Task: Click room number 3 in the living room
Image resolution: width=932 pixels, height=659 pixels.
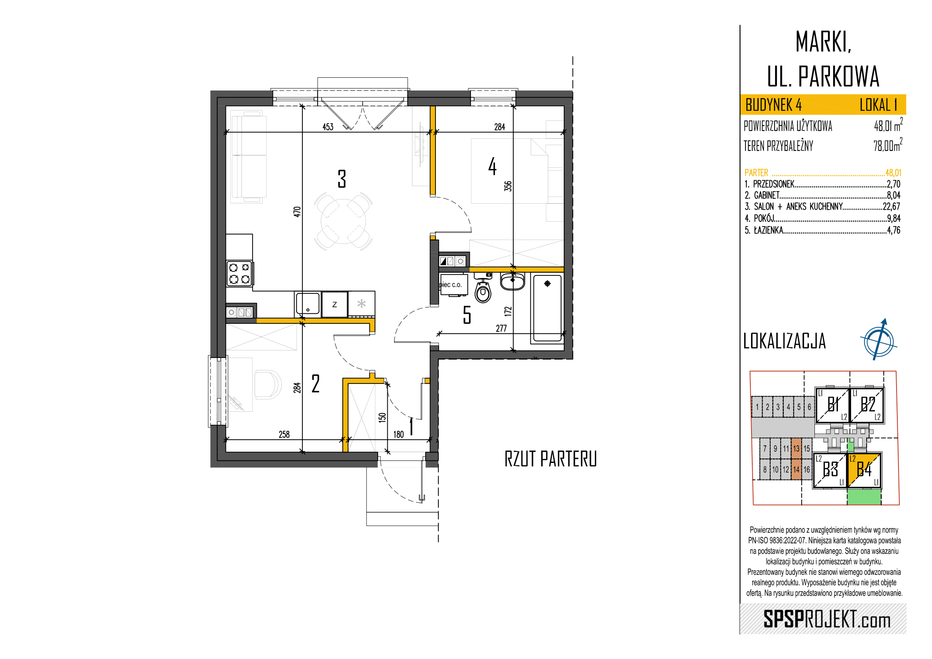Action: [x=342, y=179]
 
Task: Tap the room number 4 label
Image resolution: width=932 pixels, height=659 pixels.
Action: [x=492, y=166]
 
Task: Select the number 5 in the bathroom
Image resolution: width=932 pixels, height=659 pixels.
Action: [x=467, y=315]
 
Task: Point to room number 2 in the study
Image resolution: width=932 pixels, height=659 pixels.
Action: [x=316, y=384]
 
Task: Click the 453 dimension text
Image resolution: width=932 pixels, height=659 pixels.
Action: [x=328, y=127]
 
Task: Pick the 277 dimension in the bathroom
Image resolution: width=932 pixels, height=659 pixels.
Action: [x=501, y=328]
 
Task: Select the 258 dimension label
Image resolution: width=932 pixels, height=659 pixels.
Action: [x=284, y=434]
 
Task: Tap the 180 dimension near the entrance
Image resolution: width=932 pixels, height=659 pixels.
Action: [x=398, y=434]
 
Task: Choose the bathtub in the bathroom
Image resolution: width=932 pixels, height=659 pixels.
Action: [x=547, y=308]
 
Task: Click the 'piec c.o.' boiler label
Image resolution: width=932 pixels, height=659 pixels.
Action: [x=451, y=285]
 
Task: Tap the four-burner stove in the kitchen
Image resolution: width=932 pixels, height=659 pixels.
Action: [x=239, y=273]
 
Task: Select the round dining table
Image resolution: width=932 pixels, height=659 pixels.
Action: [x=343, y=221]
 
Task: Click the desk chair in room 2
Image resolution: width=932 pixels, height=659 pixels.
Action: [x=268, y=384]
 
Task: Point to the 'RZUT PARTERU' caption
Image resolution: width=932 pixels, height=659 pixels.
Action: [x=550, y=459]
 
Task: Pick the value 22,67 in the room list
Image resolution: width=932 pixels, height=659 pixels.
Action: [x=891, y=206]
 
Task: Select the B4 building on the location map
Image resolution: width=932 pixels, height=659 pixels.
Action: [x=864, y=470]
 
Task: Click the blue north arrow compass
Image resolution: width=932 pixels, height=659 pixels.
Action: [x=879, y=340]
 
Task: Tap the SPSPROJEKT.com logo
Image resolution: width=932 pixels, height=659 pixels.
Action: [x=827, y=619]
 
